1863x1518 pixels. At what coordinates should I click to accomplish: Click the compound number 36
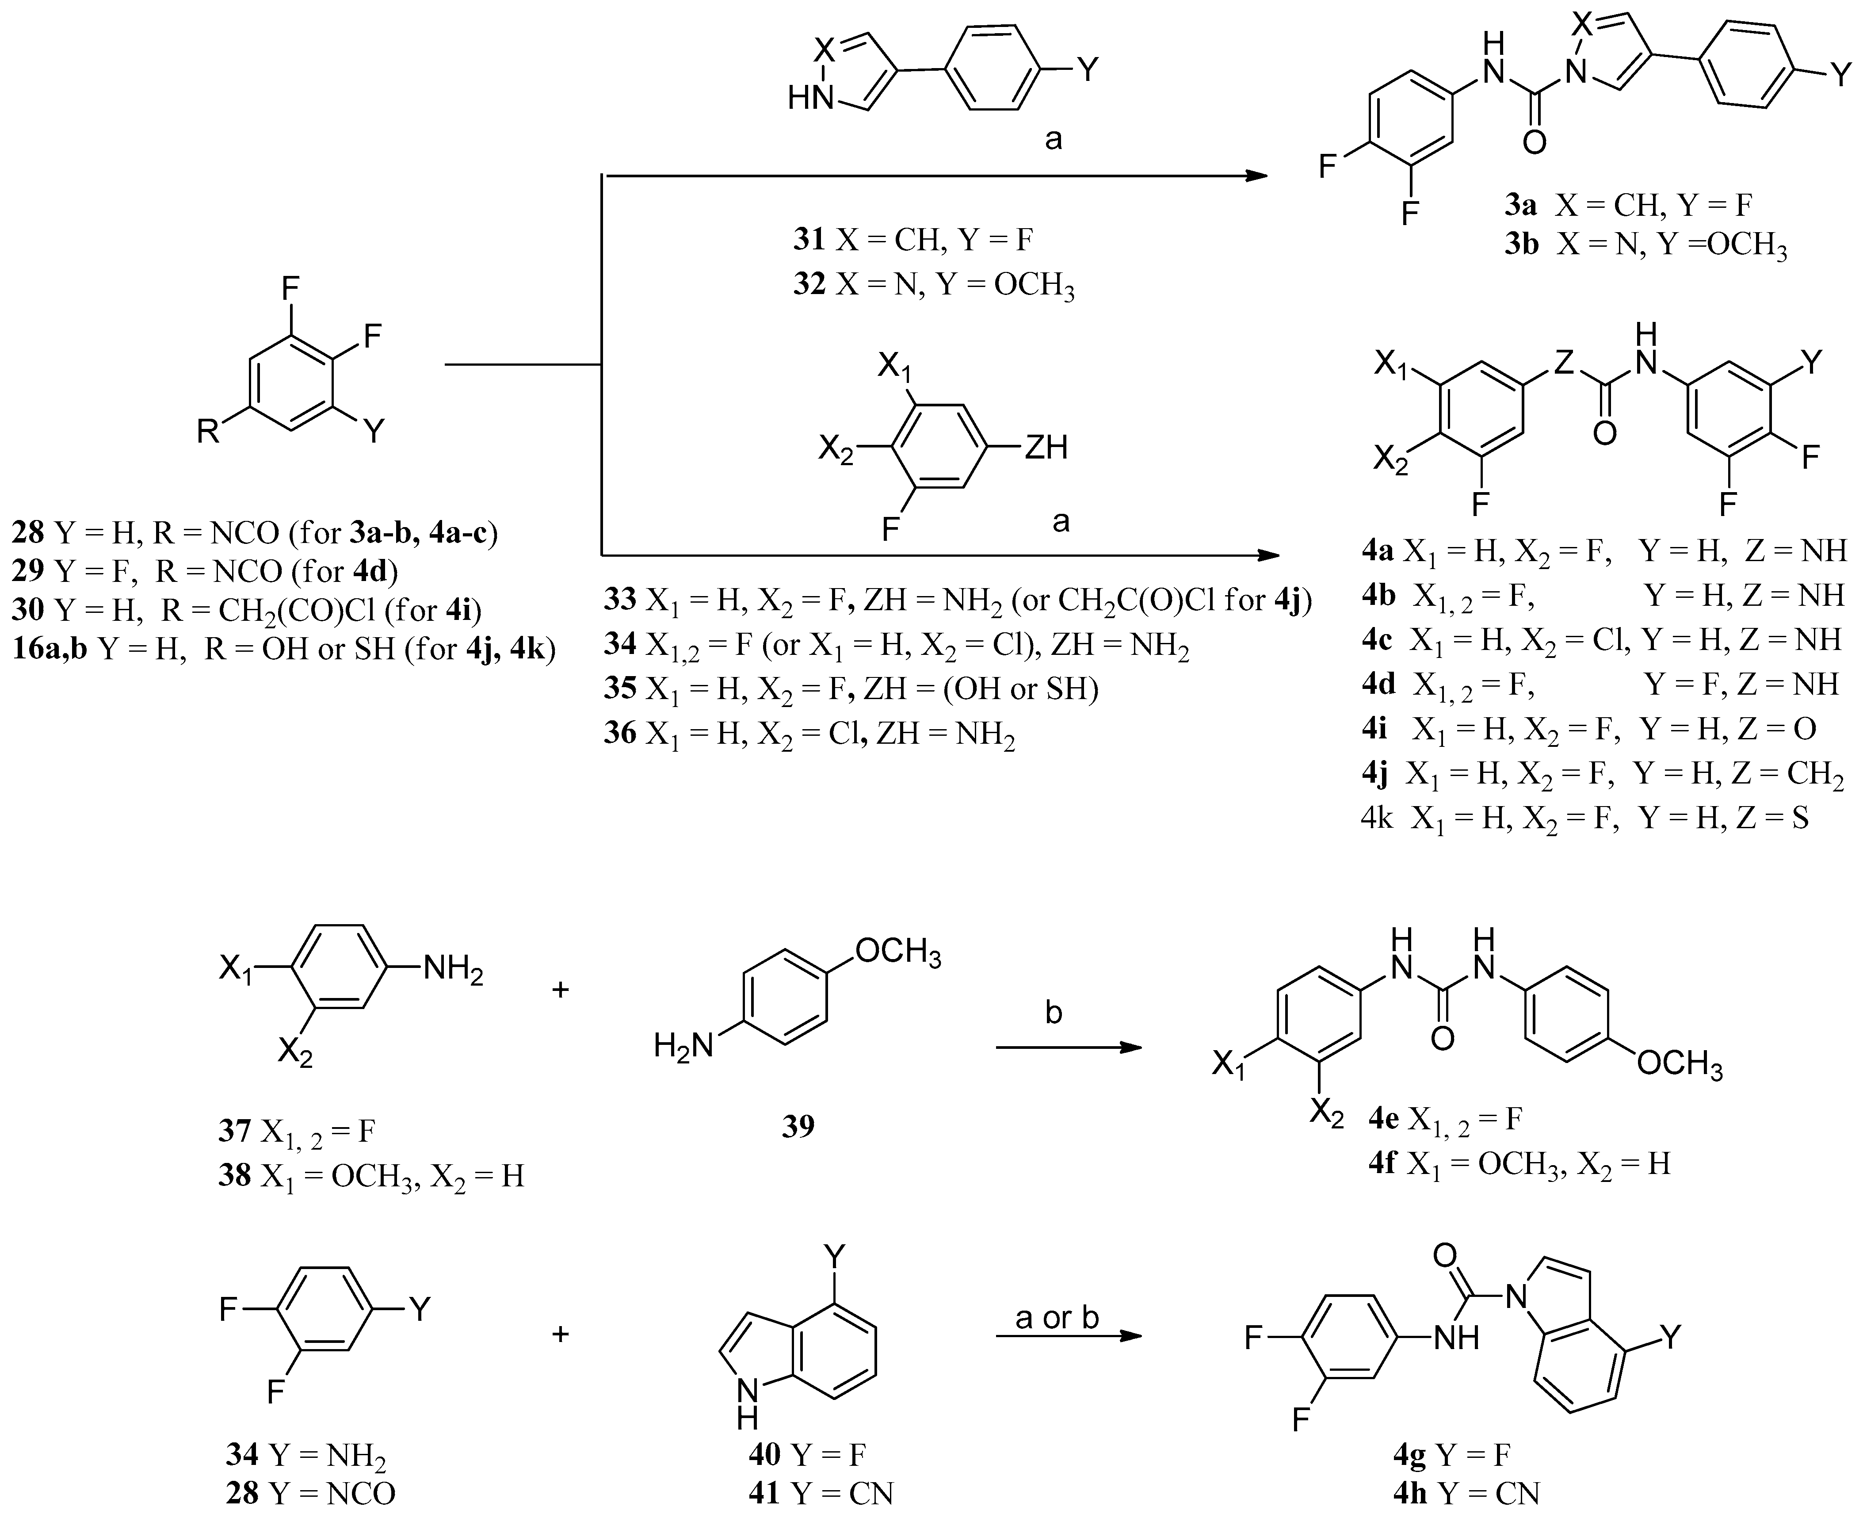(620, 733)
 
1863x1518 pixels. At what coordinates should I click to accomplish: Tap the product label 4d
(1378, 684)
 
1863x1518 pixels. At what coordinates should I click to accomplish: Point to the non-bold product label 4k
(1378, 818)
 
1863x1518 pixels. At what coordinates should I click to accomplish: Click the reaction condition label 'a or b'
(1057, 1317)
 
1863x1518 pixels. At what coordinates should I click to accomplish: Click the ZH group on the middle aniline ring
(1046, 447)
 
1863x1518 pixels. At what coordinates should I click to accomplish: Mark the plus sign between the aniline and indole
(561, 1334)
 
